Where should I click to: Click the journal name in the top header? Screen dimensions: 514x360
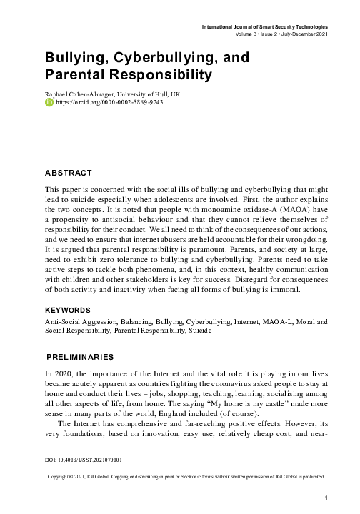(x=265, y=26)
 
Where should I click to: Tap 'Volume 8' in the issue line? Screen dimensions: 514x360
(x=246, y=34)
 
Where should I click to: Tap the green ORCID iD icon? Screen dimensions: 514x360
(x=49, y=103)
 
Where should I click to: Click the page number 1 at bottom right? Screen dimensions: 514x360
(x=325, y=498)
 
